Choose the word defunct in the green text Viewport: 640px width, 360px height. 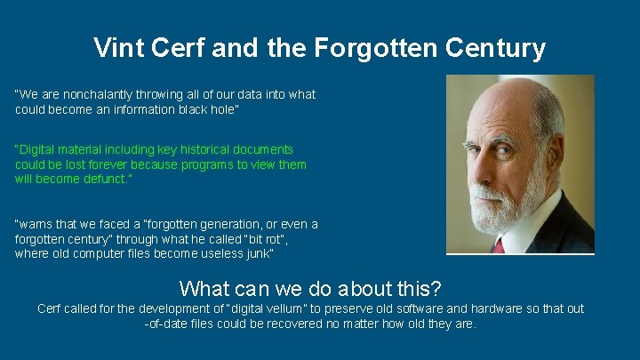[x=106, y=179]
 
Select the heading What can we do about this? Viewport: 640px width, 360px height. [x=310, y=289]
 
